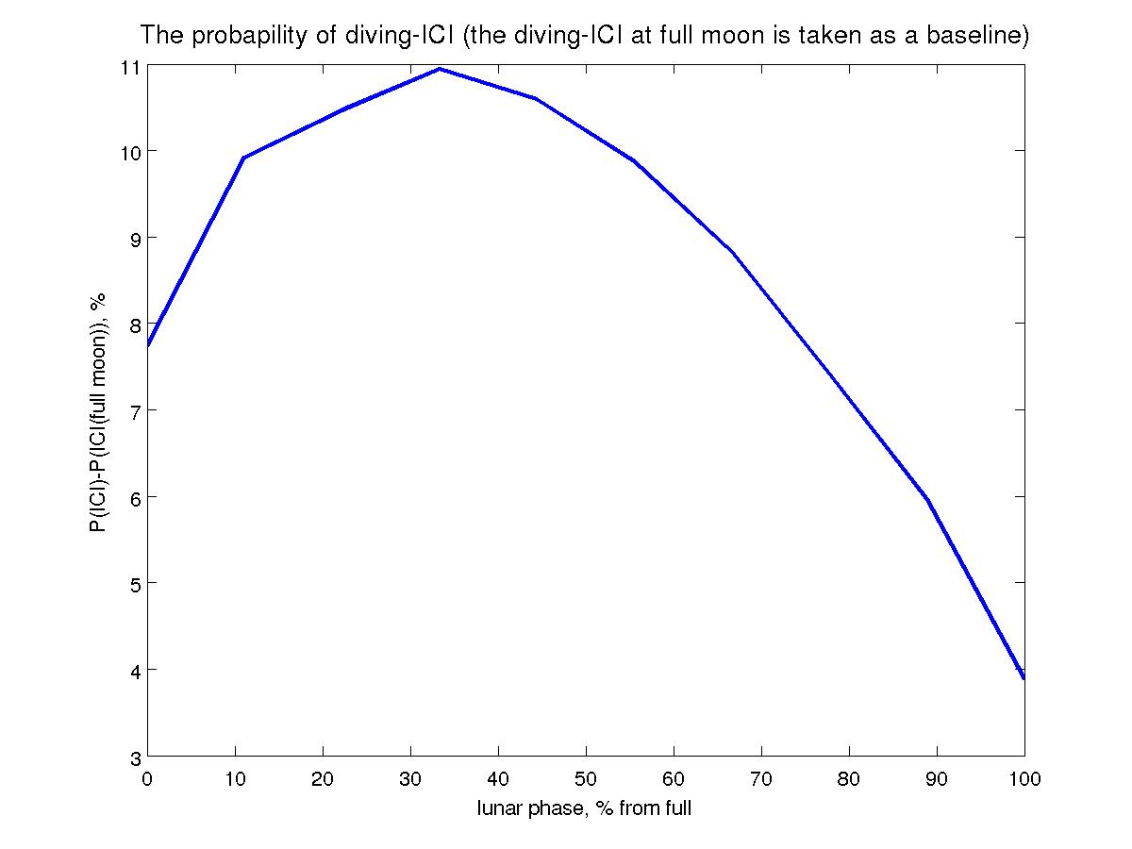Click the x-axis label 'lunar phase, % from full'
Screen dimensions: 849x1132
tap(585, 808)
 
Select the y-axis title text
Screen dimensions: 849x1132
tap(98, 411)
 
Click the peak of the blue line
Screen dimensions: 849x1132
tap(440, 69)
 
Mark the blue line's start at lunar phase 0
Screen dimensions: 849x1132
tap(148, 346)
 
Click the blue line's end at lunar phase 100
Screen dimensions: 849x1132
tap(1024, 677)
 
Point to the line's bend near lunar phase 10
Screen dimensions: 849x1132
tap(243, 158)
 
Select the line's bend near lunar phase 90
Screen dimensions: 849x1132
tap(927, 500)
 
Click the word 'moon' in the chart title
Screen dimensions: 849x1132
tap(743, 37)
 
